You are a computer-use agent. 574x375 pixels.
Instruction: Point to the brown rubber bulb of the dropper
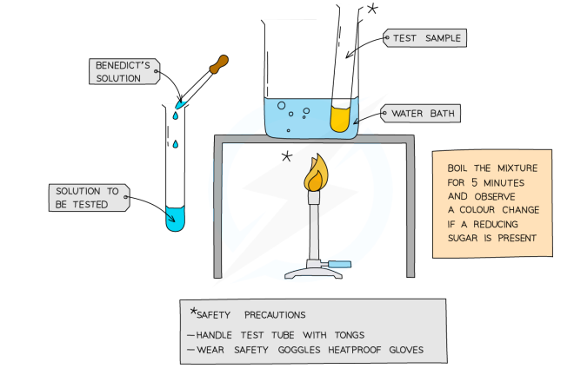[219, 63]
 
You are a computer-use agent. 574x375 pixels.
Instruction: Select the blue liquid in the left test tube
[176, 217]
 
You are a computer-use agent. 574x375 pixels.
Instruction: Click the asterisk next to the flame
[286, 157]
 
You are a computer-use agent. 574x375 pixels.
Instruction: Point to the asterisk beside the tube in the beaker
[372, 10]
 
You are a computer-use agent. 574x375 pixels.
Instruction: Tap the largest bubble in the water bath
[281, 106]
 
